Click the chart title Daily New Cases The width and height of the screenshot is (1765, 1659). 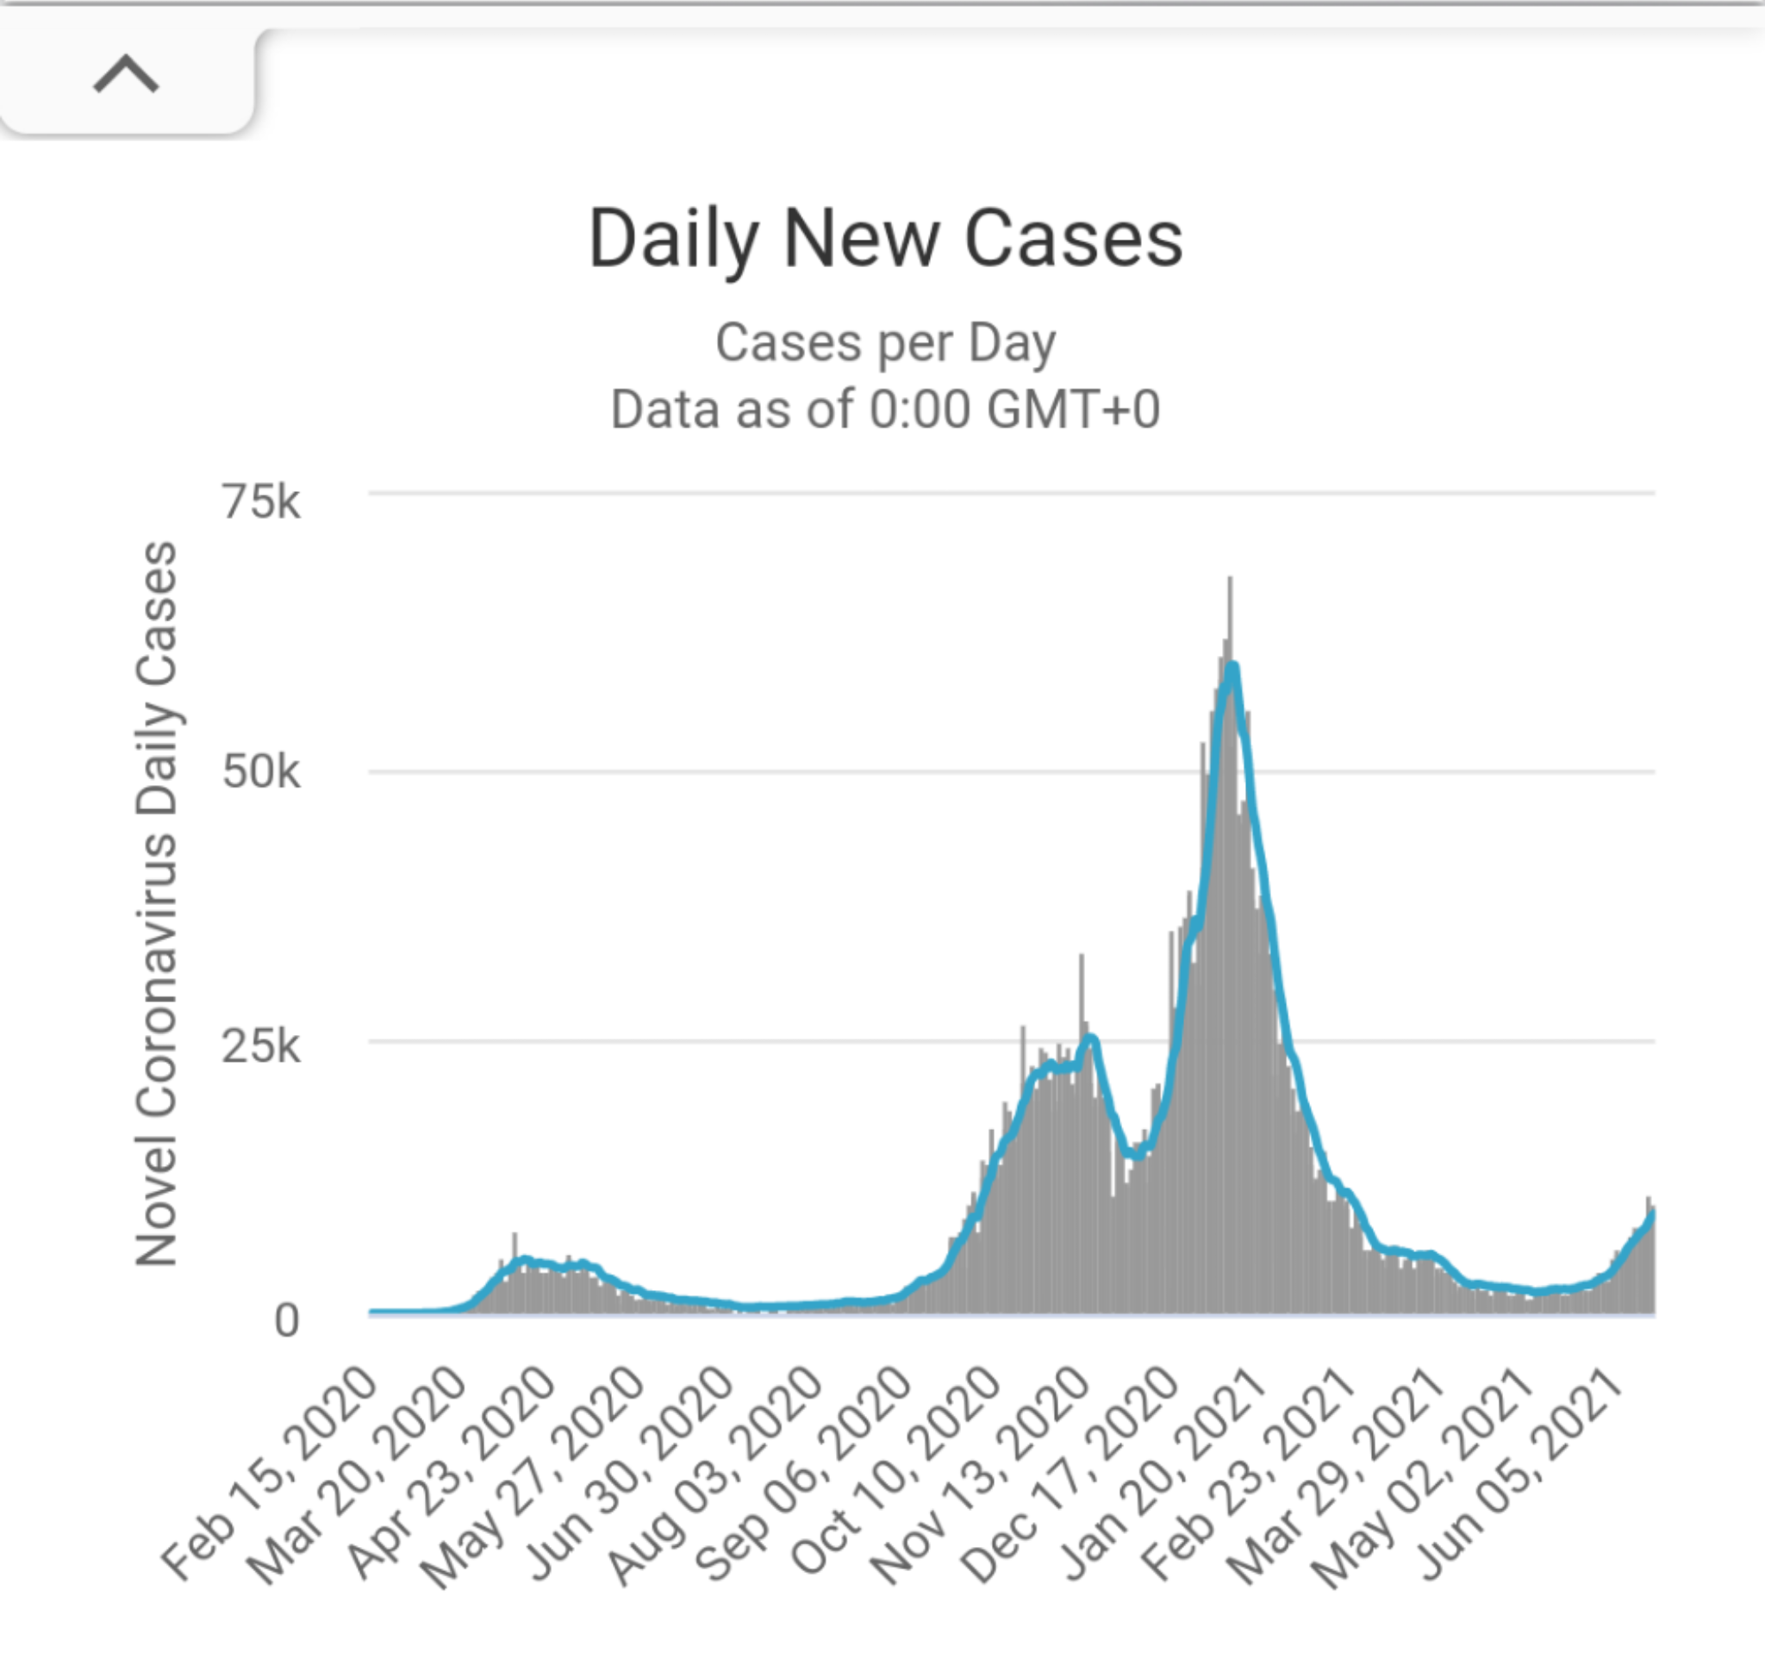pos(885,238)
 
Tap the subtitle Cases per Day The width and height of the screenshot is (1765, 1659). pos(885,343)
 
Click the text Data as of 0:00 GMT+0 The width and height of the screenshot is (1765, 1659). pos(885,410)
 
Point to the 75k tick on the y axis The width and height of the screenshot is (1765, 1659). pos(261,502)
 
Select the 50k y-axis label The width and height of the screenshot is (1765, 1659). pos(261,772)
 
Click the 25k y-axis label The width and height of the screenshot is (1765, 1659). pos(261,1046)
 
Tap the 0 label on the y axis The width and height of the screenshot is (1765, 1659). pos(286,1321)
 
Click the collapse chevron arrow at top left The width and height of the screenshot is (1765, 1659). pos(126,75)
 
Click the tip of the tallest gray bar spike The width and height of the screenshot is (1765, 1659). pos(1230,579)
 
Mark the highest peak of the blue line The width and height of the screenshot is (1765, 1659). pos(1232,668)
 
